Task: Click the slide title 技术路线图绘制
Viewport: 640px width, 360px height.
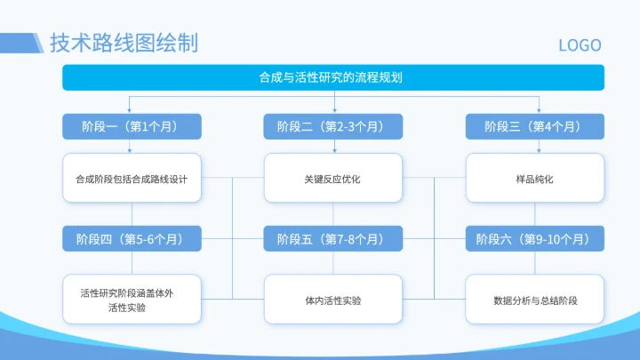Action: (124, 43)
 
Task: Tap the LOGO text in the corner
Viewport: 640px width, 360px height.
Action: (580, 45)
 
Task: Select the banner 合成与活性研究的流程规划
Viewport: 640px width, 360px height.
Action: (333, 78)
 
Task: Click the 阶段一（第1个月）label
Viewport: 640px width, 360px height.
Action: (132, 127)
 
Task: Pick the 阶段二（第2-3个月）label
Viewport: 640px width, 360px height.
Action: (333, 127)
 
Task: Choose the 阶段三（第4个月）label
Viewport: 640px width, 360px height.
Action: (535, 127)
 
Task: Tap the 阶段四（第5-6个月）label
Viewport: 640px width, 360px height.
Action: (132, 239)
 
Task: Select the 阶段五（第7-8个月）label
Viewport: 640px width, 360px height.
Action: (333, 239)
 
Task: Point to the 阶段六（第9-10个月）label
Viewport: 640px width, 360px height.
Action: (535, 239)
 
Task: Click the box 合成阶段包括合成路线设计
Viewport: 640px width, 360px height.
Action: (132, 179)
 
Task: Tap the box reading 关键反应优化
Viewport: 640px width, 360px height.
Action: (333, 179)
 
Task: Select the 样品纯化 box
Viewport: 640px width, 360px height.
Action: (535, 179)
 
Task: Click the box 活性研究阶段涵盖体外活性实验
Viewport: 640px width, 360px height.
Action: (132, 300)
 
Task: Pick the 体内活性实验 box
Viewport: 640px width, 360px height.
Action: (333, 300)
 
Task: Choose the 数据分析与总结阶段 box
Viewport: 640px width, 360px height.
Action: (535, 300)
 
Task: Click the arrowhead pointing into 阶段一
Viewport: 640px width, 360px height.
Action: (132, 111)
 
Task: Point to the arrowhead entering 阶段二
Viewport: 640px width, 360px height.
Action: (333, 111)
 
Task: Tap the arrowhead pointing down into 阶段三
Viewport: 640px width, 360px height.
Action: (535, 111)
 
